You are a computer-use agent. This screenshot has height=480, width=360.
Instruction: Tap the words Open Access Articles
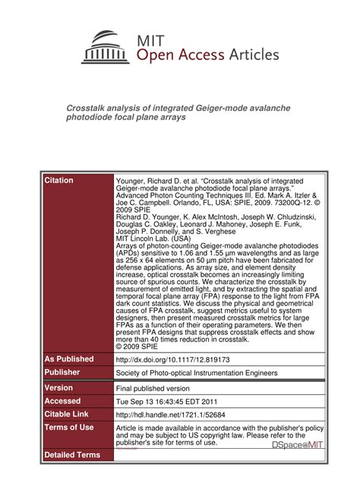[207, 55]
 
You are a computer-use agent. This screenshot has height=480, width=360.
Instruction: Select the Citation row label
[59, 181]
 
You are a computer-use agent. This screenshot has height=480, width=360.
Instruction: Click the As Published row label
[69, 358]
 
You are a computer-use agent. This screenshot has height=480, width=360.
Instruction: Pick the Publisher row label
[64, 373]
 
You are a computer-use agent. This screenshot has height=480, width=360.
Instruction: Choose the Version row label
[59, 387]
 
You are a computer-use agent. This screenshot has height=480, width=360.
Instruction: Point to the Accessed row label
[63, 401]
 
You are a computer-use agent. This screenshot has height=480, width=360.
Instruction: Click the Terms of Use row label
[69, 428]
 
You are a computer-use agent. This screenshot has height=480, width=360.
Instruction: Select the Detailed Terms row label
[72, 455]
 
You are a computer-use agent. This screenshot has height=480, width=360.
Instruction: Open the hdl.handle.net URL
[166, 415]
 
